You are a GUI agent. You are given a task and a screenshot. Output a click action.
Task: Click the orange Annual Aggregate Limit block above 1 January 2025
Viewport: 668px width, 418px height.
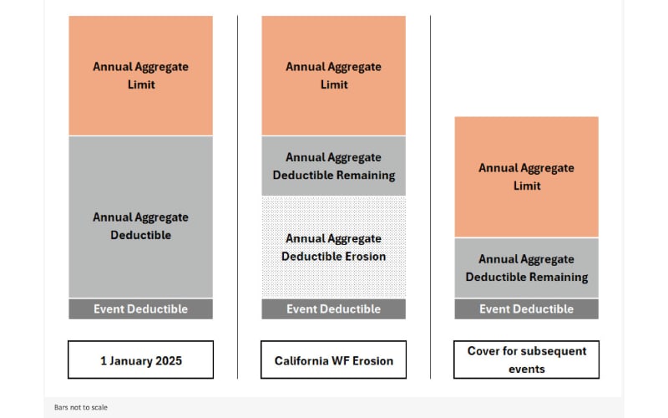point(140,75)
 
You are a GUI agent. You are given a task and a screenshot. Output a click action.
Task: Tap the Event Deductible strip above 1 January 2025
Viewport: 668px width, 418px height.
point(140,308)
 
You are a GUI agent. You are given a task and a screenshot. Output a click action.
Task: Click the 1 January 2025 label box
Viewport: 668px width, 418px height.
point(140,360)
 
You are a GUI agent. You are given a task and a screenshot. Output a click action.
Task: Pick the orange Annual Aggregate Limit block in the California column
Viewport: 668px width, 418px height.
point(333,75)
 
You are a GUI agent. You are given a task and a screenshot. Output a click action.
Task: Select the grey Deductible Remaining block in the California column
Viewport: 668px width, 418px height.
point(333,166)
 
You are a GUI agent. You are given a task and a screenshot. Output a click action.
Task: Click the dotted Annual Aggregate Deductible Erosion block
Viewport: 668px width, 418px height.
point(333,247)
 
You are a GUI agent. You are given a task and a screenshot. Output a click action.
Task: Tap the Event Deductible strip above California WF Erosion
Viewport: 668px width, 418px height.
point(333,308)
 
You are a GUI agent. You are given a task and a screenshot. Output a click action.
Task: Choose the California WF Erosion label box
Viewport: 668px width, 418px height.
point(333,360)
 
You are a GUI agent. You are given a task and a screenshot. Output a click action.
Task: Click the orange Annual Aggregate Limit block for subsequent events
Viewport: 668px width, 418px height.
point(526,176)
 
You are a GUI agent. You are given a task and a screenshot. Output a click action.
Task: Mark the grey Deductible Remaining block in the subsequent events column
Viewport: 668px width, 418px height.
point(526,268)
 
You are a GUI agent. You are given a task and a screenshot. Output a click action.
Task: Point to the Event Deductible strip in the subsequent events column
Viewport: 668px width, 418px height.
point(526,308)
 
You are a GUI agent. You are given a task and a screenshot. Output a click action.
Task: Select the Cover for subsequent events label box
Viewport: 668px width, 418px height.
point(526,359)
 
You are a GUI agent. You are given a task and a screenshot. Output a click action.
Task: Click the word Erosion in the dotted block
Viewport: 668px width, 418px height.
point(365,257)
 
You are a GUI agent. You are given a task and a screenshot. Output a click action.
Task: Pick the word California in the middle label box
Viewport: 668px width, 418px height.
point(303,361)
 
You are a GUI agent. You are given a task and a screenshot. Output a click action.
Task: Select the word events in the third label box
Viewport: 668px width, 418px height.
point(526,369)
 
